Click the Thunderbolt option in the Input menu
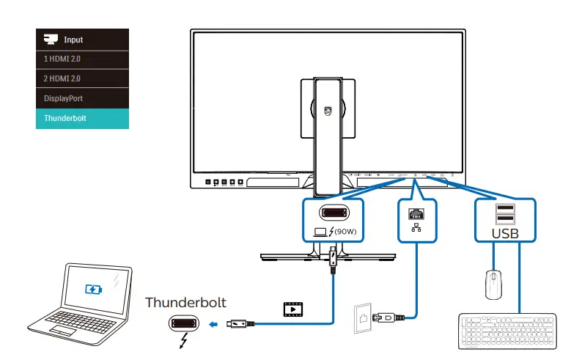82,117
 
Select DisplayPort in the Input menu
82,97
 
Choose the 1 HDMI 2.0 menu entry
82,57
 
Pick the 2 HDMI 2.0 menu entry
82,77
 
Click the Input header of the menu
82,39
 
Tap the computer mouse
493,284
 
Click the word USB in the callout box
504,233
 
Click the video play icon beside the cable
292,309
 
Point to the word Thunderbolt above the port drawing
185,301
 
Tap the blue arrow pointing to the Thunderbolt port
213,323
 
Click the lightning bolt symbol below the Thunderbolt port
183,342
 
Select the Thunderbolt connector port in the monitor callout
334,213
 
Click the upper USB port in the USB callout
504,207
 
